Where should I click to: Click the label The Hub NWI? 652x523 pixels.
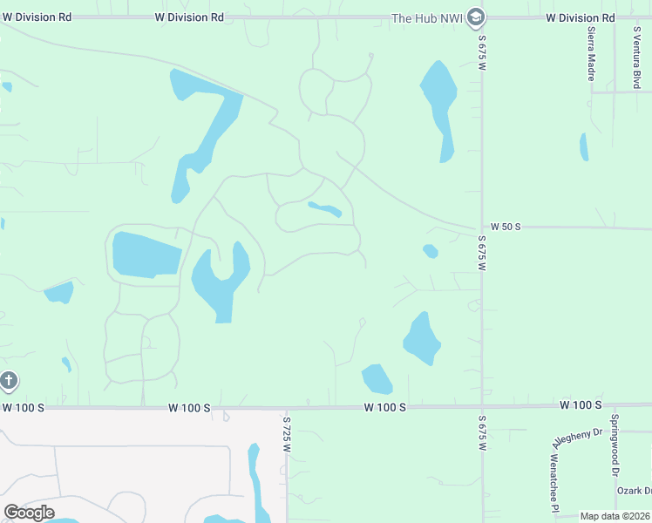(426, 17)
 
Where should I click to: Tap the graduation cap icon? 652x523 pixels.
(475, 17)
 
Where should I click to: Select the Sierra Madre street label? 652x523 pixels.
(591, 53)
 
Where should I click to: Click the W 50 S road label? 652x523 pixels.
(505, 227)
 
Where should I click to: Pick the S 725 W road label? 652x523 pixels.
(286, 432)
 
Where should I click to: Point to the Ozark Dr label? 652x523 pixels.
(635, 491)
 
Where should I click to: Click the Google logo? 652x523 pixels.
(29, 513)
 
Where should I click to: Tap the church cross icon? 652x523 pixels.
(9, 381)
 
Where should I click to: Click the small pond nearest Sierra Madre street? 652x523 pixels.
(584, 147)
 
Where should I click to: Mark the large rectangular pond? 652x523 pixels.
(145, 255)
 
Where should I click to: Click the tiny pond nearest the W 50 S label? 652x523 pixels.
(430, 251)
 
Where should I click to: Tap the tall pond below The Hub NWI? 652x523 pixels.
(439, 105)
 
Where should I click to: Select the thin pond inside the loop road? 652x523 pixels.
(324, 209)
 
